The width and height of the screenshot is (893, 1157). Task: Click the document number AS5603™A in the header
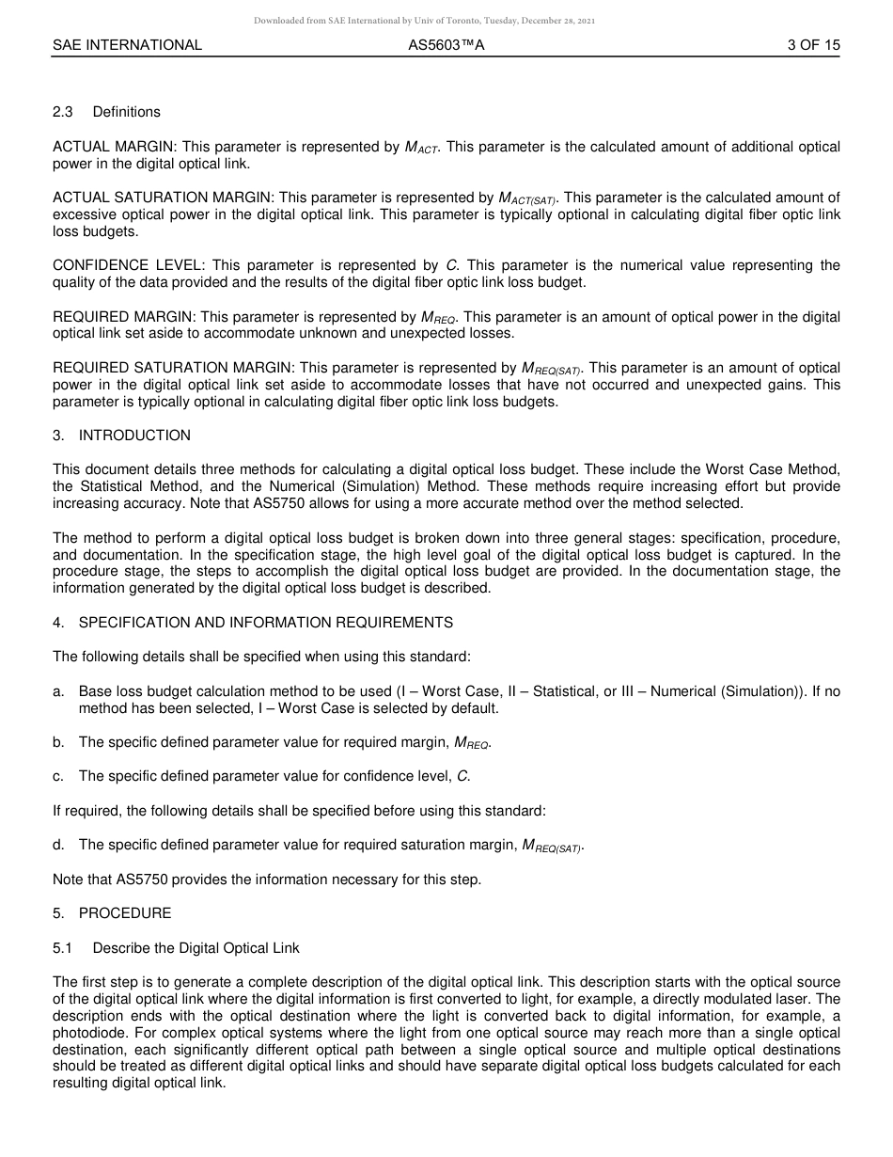[446, 45]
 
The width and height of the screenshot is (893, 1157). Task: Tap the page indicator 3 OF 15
[814, 45]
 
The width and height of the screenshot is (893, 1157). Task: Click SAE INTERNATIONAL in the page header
[127, 45]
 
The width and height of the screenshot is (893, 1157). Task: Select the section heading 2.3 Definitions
[106, 112]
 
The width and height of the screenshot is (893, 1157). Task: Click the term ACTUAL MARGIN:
[116, 147]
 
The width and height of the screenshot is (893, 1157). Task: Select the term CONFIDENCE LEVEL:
[128, 265]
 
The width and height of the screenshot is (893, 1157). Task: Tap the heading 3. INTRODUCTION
[121, 436]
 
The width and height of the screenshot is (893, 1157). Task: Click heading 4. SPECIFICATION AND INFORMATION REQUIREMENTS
[253, 623]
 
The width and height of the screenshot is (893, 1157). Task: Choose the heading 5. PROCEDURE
[112, 913]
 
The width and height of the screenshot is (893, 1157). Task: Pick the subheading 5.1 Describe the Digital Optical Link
[176, 947]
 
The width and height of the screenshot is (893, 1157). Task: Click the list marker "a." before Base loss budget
[58, 691]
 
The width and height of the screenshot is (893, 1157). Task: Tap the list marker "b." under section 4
[58, 742]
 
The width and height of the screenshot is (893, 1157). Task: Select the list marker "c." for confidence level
[58, 776]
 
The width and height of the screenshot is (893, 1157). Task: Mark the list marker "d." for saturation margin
[58, 845]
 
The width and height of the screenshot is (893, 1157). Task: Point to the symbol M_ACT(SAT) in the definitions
[527, 198]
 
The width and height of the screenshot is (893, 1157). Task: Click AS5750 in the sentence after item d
[141, 880]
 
